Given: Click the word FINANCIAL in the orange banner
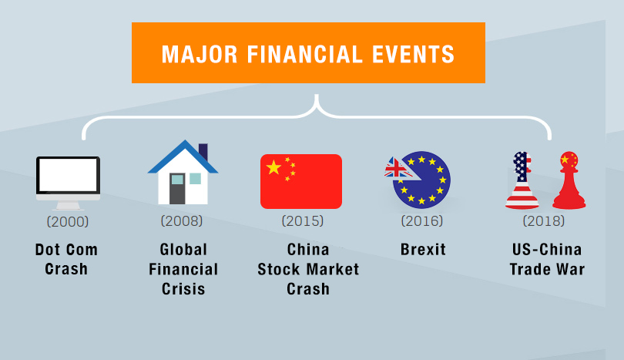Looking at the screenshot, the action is point(305,54).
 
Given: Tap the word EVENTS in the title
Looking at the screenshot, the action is point(414,54).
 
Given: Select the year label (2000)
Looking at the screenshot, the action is point(68,221).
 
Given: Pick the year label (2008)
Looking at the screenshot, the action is point(182,220).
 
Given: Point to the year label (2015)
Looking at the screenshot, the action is point(303,220).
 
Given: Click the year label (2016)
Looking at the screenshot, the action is point(422,220).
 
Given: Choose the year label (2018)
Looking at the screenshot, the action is point(544,220).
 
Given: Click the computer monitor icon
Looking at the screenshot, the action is point(68,183).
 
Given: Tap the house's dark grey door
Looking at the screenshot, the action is point(177,188).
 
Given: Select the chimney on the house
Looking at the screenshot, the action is point(203,152).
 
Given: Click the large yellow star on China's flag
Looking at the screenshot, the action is point(273,167).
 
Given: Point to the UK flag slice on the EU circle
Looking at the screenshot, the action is point(399,169).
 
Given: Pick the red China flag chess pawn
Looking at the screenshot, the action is point(569,180).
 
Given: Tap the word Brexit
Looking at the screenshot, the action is point(423,250).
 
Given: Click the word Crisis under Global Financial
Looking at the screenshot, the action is point(183,289).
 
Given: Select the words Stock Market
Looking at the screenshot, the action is point(308,269).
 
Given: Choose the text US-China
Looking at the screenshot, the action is point(547,250).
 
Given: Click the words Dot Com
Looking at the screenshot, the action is point(66,250).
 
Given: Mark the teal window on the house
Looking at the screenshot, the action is point(195,178).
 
